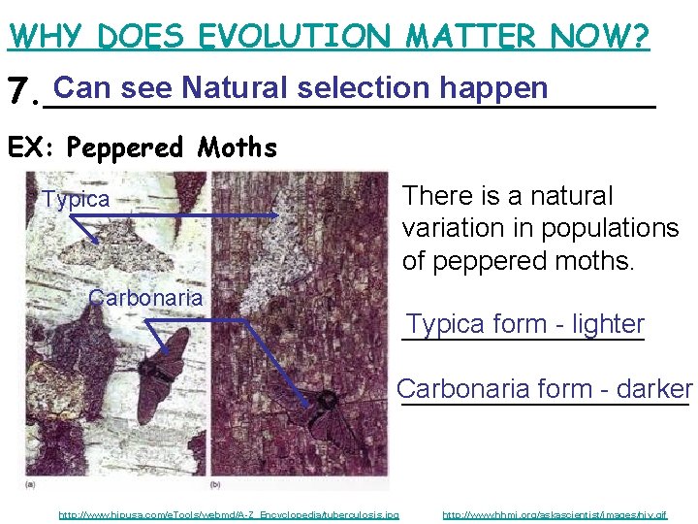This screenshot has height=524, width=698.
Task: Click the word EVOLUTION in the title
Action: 295,37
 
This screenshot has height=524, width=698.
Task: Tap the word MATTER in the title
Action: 469,37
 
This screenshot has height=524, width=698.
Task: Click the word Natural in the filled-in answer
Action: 236,88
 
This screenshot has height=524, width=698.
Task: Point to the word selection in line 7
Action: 364,88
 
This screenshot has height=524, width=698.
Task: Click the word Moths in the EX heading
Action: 238,147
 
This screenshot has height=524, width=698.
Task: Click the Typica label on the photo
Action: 77,200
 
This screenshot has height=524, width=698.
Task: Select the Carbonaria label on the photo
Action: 145,298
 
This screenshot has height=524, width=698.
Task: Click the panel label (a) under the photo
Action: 30,482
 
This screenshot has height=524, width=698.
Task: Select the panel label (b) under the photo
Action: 215,482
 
